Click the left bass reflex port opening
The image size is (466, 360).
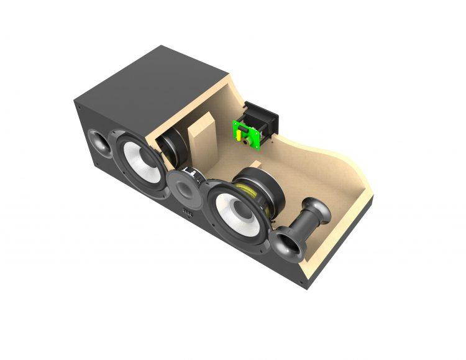(x=99, y=143)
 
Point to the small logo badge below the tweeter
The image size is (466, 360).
(x=187, y=215)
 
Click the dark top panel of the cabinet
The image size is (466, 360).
(x=155, y=81)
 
